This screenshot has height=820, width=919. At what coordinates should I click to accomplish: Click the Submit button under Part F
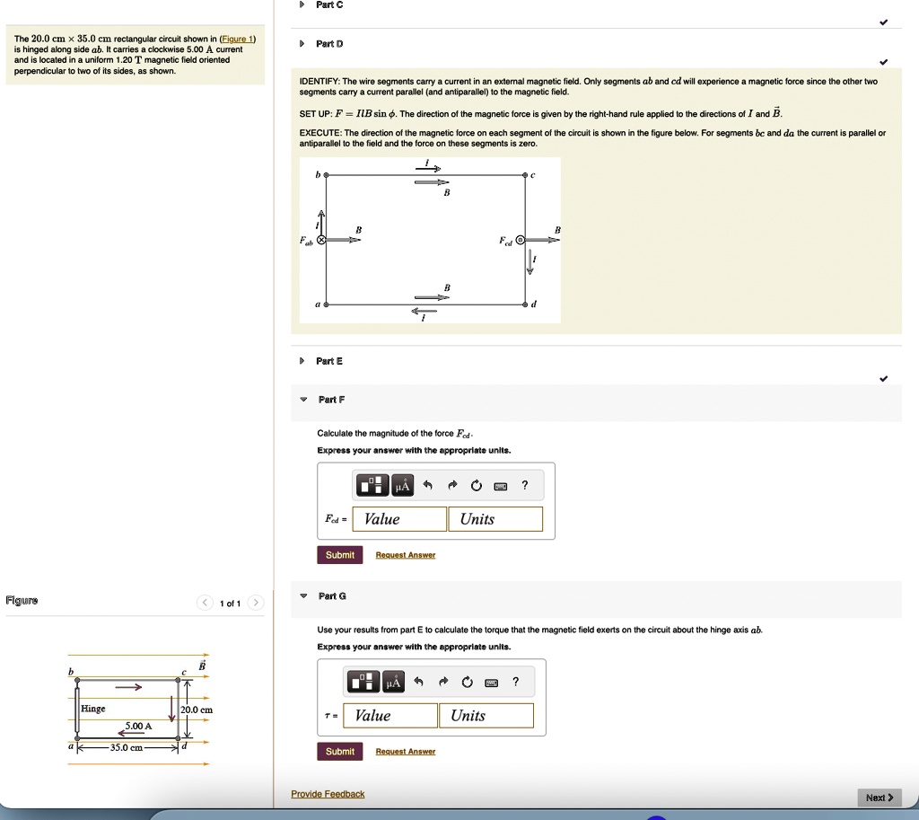339,555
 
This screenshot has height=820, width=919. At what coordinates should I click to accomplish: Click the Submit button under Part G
339,752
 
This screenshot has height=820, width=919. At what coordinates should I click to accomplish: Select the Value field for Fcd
399,519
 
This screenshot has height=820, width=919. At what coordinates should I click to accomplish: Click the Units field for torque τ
486,716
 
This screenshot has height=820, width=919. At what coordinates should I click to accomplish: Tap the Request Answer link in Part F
405,556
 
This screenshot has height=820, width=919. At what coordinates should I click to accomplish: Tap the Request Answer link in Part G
405,752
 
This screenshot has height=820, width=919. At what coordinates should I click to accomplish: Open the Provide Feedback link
328,794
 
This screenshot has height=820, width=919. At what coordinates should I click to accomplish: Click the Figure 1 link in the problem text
238,40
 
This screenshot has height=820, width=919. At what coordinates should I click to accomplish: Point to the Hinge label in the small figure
93,709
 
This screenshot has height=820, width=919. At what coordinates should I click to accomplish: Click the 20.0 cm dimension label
195,710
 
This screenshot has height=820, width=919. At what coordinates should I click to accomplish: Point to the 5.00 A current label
138,726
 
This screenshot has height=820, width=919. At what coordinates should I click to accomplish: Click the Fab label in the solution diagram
307,242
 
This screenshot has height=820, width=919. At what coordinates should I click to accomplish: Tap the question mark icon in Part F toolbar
525,486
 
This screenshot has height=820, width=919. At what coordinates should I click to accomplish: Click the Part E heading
329,361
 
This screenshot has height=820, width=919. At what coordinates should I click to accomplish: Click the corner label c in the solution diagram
533,175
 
